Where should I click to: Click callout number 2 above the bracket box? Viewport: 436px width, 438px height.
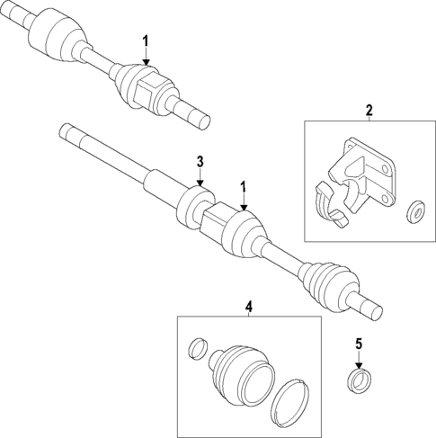[x=368, y=111]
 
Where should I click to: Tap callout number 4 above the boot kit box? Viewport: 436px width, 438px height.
[x=248, y=306]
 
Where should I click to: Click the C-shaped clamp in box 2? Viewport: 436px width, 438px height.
[x=331, y=206]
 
